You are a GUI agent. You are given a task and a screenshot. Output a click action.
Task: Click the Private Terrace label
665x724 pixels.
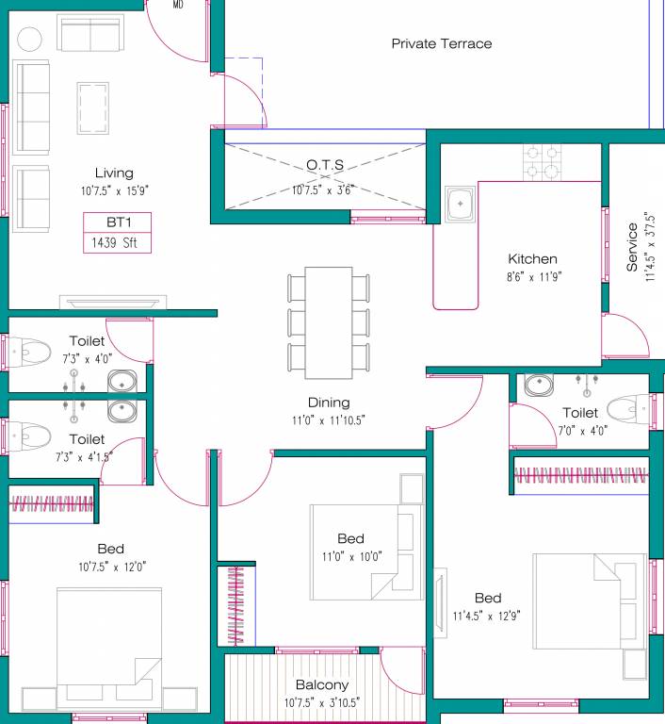point(441,43)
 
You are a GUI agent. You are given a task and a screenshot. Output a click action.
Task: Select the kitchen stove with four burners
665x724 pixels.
point(543,161)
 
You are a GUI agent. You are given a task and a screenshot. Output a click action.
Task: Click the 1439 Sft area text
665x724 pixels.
point(116,243)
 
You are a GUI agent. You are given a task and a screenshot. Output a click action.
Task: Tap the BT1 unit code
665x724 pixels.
point(115,223)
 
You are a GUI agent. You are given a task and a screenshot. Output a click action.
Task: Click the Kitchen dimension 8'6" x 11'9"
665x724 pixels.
point(532,277)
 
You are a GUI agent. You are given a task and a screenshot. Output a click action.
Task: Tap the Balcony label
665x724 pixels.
point(322,685)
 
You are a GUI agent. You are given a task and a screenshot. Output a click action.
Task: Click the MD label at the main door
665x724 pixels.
point(178,5)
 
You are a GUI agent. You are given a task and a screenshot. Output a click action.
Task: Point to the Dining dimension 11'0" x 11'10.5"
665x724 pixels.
point(328,420)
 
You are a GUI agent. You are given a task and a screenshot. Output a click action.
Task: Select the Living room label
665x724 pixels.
point(114,173)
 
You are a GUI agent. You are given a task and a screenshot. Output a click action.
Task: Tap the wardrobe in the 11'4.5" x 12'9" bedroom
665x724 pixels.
point(581,476)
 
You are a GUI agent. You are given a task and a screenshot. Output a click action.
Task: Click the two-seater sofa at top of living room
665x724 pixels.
point(91,34)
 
